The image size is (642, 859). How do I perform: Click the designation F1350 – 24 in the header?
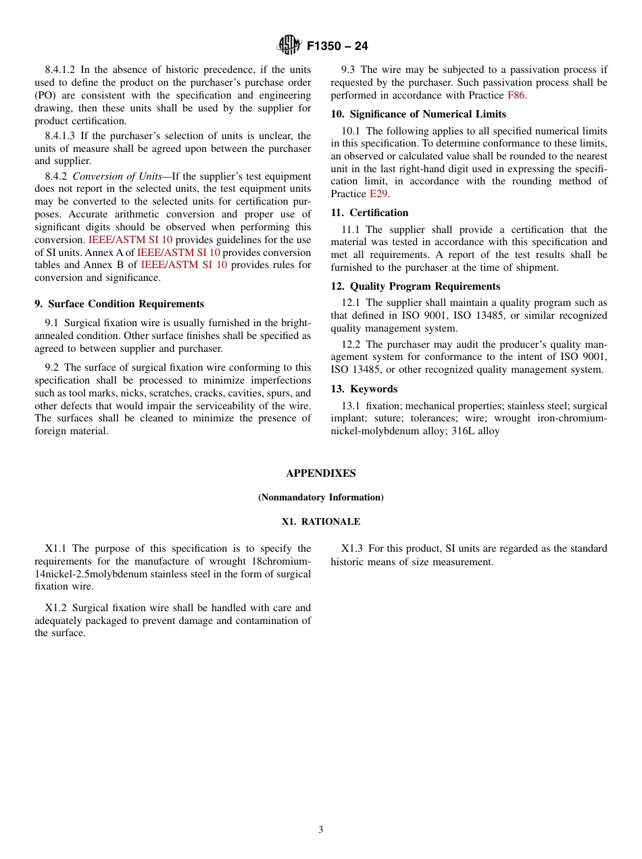click(x=337, y=46)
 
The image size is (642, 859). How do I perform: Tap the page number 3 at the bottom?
click(x=321, y=830)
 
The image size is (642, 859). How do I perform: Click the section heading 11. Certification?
click(x=370, y=213)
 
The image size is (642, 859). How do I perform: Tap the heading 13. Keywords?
click(x=364, y=389)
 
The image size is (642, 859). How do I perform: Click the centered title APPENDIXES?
click(x=321, y=473)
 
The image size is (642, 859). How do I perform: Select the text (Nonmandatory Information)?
click(x=321, y=498)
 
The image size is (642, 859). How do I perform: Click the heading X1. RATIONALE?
click(x=321, y=522)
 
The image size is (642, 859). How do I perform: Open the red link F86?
click(x=516, y=95)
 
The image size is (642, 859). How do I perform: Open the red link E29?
click(x=378, y=194)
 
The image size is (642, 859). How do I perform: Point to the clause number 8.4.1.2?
click(x=60, y=70)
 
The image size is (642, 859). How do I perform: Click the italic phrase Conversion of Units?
click(x=117, y=176)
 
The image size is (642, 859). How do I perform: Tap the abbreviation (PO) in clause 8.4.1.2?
click(x=45, y=95)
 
